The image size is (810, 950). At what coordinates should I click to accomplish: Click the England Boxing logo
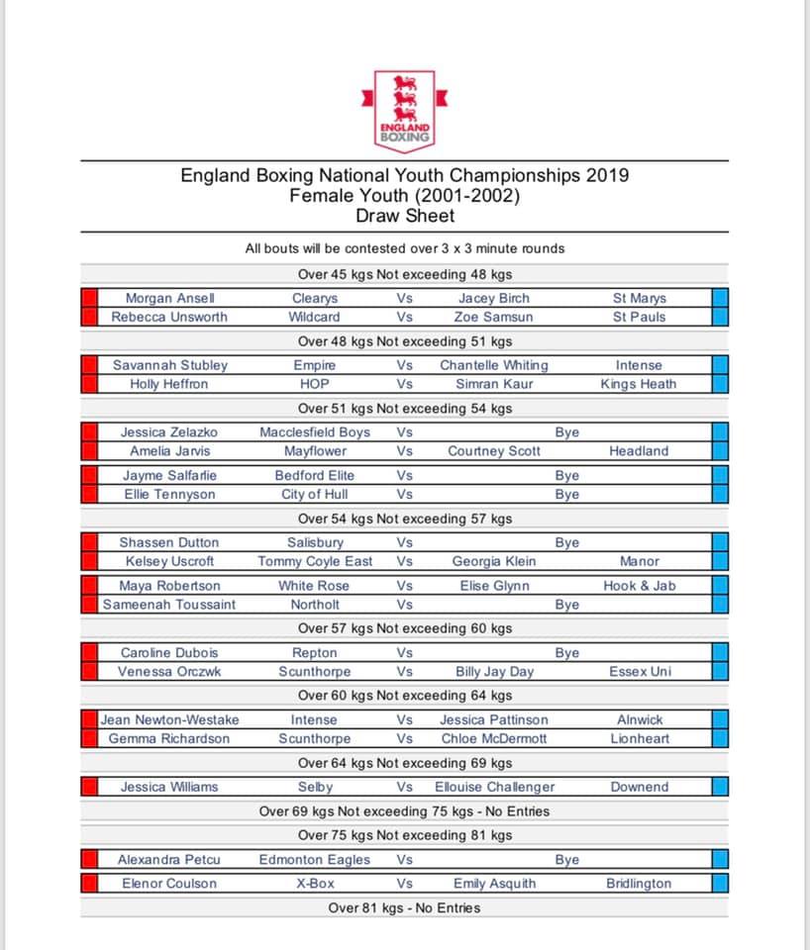[x=405, y=108]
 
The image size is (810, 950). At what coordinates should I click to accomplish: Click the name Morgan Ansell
[x=169, y=298]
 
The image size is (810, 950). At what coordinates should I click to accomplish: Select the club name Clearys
[x=314, y=298]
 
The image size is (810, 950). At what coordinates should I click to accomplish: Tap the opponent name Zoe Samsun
[x=493, y=317]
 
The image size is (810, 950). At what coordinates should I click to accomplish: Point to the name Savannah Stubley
[x=169, y=365]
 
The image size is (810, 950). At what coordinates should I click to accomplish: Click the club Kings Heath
[x=639, y=384]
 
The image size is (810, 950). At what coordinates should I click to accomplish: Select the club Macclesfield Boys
[x=314, y=432]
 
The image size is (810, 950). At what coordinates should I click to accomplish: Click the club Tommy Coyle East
[x=314, y=561]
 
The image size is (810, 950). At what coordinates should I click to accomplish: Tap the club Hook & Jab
[x=639, y=586]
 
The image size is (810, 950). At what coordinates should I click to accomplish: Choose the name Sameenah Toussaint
[x=169, y=605]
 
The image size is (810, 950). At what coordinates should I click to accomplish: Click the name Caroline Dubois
[x=169, y=653]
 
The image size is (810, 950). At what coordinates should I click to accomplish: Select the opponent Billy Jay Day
[x=493, y=672]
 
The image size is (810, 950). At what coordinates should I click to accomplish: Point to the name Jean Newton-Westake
[x=169, y=720]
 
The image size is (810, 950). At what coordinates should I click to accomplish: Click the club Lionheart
[x=639, y=739]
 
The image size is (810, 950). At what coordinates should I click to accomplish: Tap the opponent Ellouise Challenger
[x=493, y=788]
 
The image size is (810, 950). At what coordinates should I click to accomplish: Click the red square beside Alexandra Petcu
[x=89, y=860]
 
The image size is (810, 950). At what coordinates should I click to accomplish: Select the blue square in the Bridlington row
[x=720, y=884]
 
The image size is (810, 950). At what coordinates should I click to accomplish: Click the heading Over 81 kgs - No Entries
[x=404, y=907]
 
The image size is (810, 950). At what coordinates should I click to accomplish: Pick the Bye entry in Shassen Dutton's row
[x=567, y=542]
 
